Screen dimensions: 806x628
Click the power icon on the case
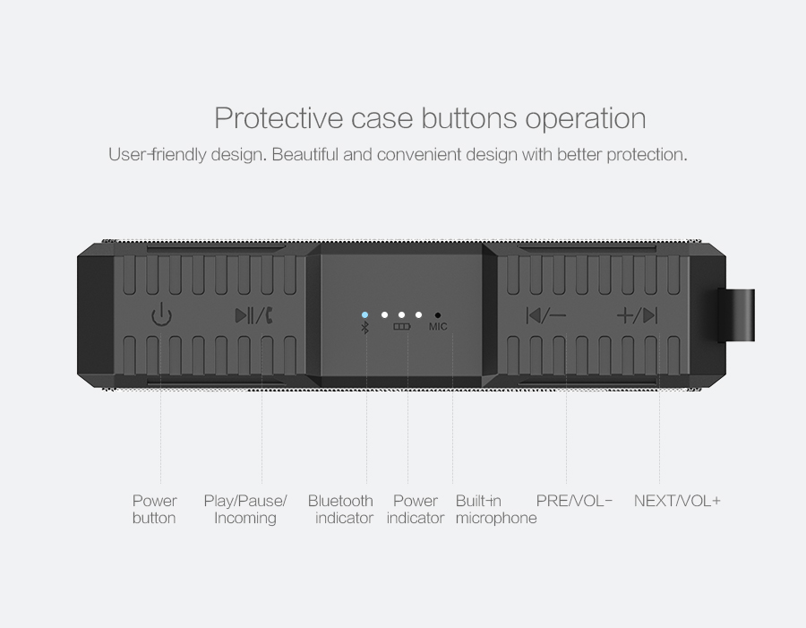pyautogui.click(x=161, y=315)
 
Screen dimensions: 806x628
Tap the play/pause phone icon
pyautogui.click(x=254, y=315)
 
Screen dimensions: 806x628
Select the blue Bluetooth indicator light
pyautogui.click(x=364, y=314)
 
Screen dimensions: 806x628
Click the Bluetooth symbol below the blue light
pyautogui.click(x=365, y=327)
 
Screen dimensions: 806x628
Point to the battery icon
pyautogui.click(x=402, y=327)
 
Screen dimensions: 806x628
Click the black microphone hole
pyautogui.click(x=437, y=315)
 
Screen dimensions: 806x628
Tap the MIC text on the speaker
pyautogui.click(x=438, y=327)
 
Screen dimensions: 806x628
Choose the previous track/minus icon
pyautogui.click(x=546, y=315)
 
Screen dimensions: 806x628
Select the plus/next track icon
pyautogui.click(x=637, y=315)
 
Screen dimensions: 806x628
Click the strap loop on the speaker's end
pyautogui.click(x=737, y=315)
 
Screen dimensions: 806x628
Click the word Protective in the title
pyautogui.click(x=279, y=117)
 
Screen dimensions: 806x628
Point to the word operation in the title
pyautogui.click(x=586, y=119)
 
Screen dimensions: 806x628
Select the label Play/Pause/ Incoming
pyautogui.click(x=245, y=509)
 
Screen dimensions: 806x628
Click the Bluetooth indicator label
pyautogui.click(x=340, y=509)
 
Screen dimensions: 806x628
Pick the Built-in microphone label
pyautogui.click(x=496, y=509)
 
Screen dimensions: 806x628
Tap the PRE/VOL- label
pyautogui.click(x=574, y=501)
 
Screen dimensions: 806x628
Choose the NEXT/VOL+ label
pyautogui.click(x=677, y=501)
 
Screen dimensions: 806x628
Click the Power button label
pyautogui.click(x=154, y=509)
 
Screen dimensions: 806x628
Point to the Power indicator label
pyautogui.click(x=416, y=509)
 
